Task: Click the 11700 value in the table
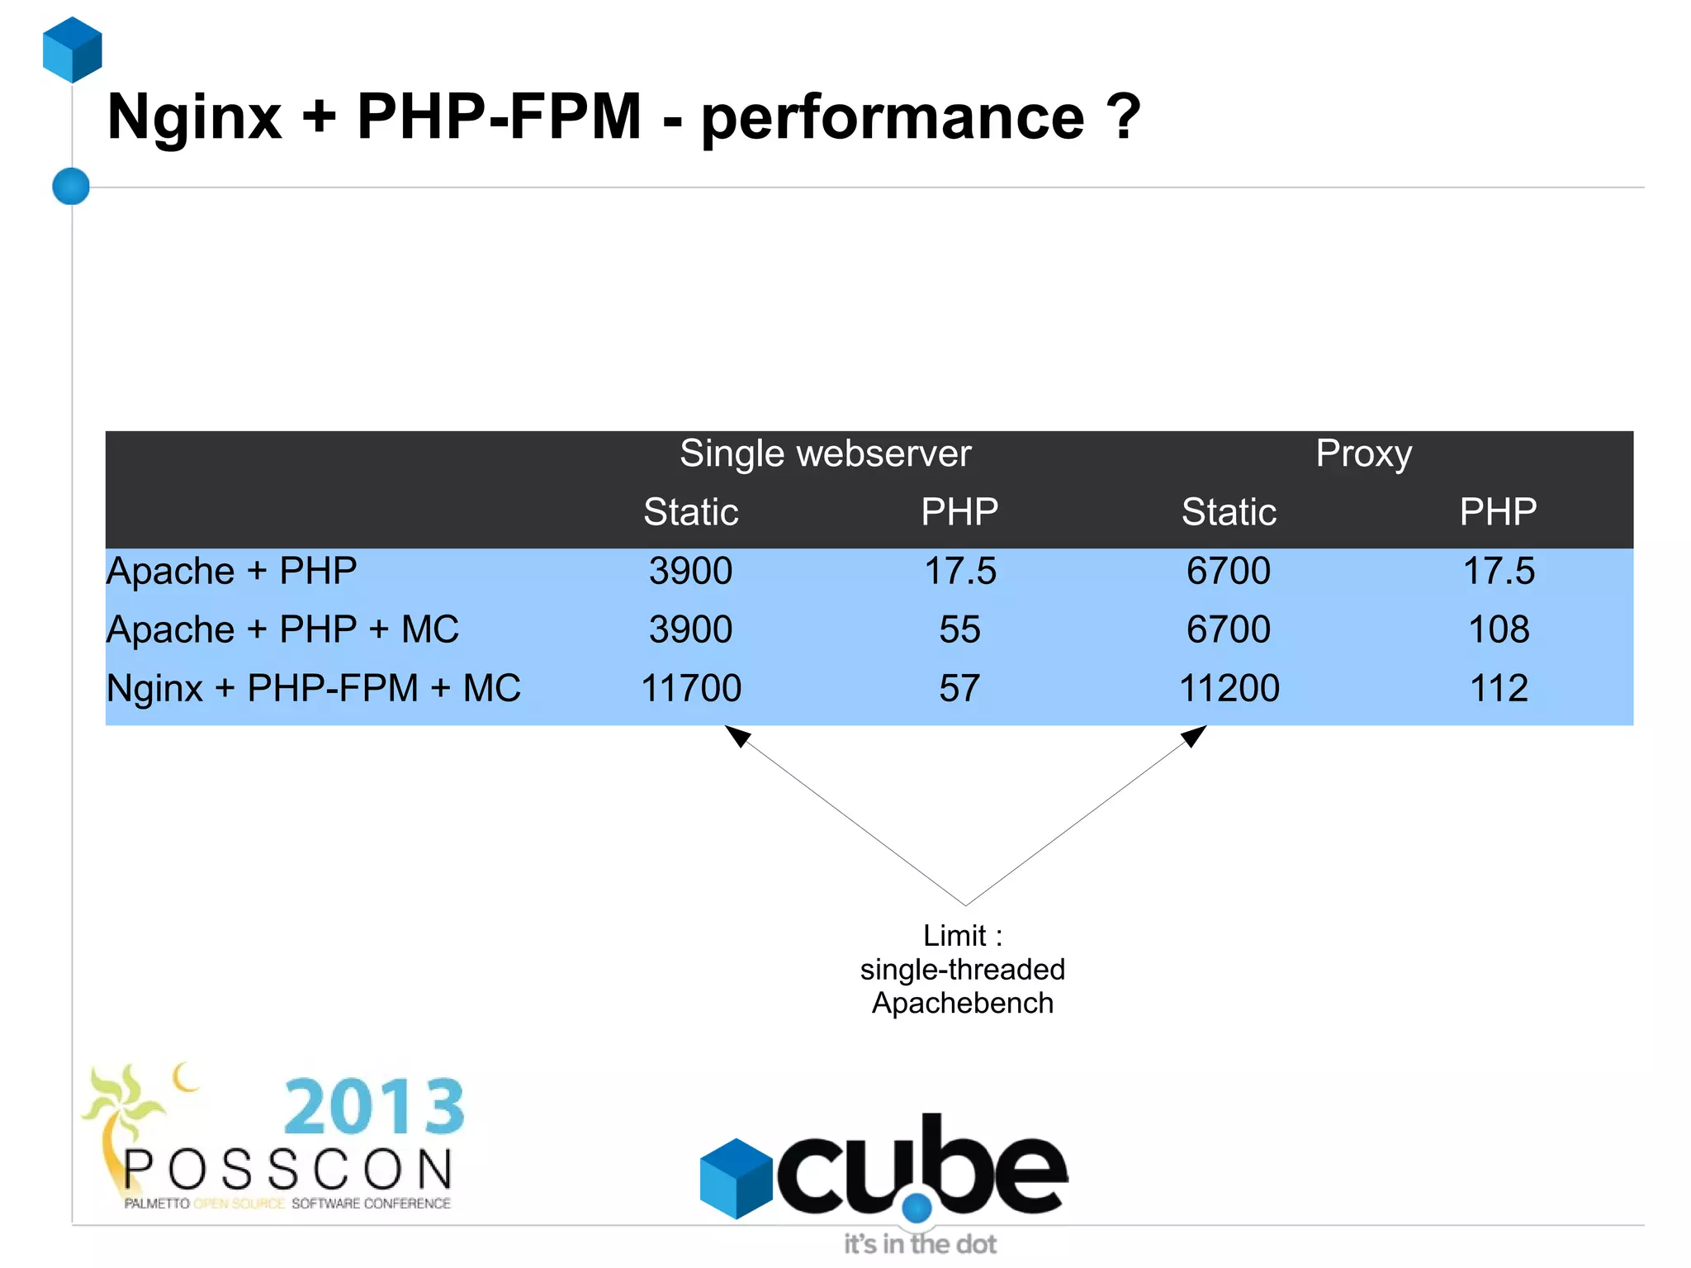[691, 688]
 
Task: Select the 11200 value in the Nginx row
[1229, 688]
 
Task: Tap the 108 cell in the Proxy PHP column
[1498, 629]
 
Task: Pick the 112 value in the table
[1498, 688]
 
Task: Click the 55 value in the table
[959, 629]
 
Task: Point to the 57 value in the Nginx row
[959, 688]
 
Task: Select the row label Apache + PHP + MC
[282, 629]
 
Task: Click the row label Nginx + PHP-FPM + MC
[314, 688]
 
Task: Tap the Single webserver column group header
[825, 454]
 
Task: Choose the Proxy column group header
[1363, 454]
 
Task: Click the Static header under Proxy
[1229, 512]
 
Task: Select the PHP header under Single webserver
[959, 512]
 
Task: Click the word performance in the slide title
[892, 118]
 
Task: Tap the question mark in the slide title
[1124, 116]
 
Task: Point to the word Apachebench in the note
[963, 1003]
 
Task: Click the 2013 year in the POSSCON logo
[374, 1106]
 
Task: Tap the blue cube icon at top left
[73, 50]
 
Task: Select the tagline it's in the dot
[920, 1244]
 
